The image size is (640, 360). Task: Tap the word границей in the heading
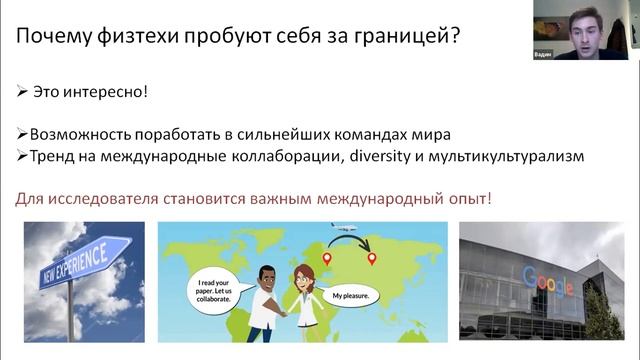411,38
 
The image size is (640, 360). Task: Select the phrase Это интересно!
89,91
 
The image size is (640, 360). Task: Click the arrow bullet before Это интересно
22,91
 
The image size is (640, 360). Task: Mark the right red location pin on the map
372,259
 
